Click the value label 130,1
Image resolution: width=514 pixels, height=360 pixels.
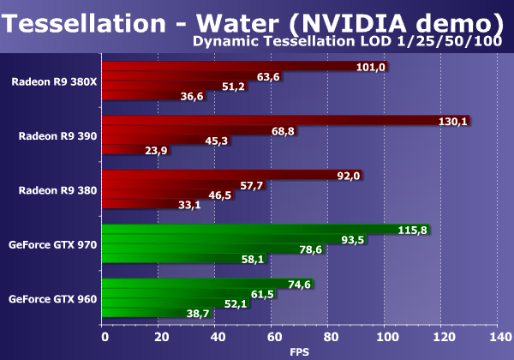451,122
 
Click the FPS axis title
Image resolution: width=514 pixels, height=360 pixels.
299,351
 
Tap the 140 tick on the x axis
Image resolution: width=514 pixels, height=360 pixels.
499,337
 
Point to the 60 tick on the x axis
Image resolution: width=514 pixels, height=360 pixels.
272,337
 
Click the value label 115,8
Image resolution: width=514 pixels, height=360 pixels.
413,230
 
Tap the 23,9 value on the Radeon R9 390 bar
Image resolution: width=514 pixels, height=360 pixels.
131,151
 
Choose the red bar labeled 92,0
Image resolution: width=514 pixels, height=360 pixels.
214,176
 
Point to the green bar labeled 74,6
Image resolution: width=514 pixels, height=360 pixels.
197,284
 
